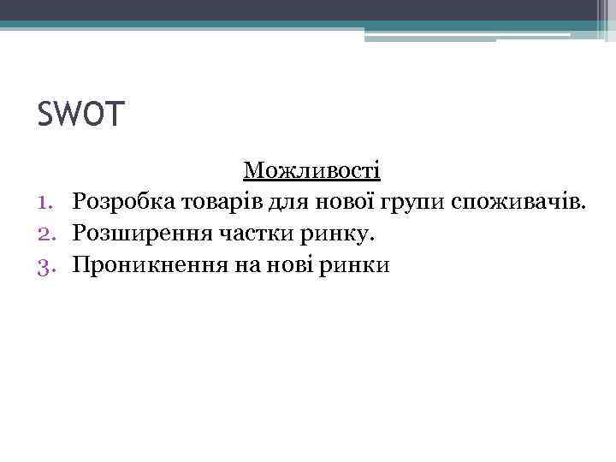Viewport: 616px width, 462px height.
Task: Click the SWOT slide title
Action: [x=81, y=115]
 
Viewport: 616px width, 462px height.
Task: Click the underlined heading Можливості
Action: [x=312, y=170]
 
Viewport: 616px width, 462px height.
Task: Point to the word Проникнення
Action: [x=145, y=264]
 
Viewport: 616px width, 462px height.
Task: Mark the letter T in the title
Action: [x=115, y=115]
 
